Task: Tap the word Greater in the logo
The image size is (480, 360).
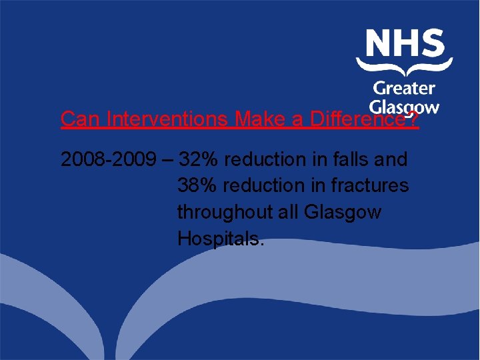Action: (x=404, y=88)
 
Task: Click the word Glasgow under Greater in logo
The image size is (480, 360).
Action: (x=404, y=107)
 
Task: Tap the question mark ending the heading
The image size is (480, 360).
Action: (x=413, y=120)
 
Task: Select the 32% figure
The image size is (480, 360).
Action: (x=200, y=160)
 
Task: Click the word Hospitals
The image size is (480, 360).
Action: (x=221, y=238)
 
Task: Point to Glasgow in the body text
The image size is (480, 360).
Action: (x=342, y=212)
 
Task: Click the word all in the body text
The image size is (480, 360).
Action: (x=289, y=212)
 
